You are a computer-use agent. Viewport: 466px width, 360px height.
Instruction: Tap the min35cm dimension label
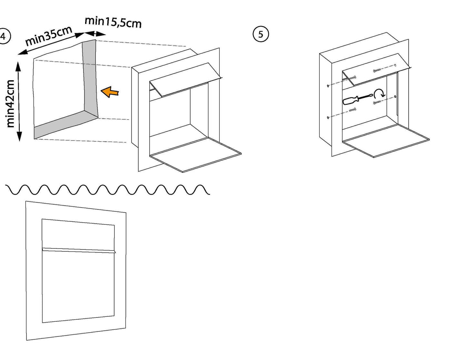tap(49, 36)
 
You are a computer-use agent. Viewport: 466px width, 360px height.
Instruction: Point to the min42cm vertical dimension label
tap(11, 103)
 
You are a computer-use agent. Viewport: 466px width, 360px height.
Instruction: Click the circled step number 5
tap(261, 34)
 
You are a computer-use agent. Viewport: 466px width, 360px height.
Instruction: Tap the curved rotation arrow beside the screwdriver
tap(380, 94)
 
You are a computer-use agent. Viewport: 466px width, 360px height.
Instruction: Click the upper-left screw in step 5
tap(352, 78)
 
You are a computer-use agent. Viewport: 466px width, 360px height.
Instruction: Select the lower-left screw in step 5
tap(352, 110)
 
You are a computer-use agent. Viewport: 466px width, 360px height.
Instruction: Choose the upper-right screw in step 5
tap(377, 70)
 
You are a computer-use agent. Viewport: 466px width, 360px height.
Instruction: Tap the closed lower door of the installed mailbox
tap(78, 285)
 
